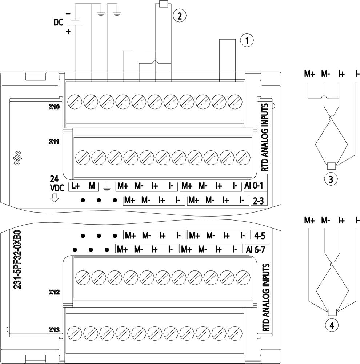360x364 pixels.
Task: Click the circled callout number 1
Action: pyautogui.click(x=247, y=41)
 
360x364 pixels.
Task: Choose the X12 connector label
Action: pyautogui.click(x=54, y=292)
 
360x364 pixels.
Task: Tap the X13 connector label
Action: pyautogui.click(x=54, y=330)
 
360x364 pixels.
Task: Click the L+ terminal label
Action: pyautogui.click(x=76, y=186)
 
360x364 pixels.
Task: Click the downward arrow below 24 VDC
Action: pyautogui.click(x=55, y=198)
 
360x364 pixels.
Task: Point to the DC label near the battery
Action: pyautogui.click(x=58, y=23)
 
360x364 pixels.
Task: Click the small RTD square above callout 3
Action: pyautogui.click(x=331, y=166)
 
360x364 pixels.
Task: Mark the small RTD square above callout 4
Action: pyautogui.click(x=331, y=312)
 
